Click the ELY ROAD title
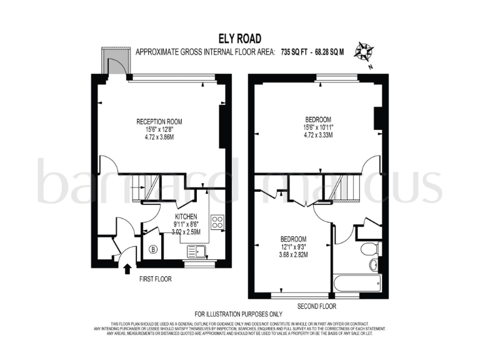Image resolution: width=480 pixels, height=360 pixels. click(x=240, y=39)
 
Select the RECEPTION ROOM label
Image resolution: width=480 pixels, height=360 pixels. click(x=160, y=122)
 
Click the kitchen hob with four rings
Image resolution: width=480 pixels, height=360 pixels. click(x=217, y=222)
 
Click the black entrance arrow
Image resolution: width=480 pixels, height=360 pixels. click(x=127, y=269)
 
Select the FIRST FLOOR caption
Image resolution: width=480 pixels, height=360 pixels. click(x=155, y=279)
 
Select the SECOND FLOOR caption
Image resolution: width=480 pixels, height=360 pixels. click(x=316, y=306)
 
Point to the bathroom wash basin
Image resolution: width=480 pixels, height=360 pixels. click(x=374, y=265)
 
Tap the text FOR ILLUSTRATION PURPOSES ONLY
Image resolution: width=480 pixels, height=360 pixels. click(x=239, y=314)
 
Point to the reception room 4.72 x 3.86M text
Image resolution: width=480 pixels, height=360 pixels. click(x=160, y=137)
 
